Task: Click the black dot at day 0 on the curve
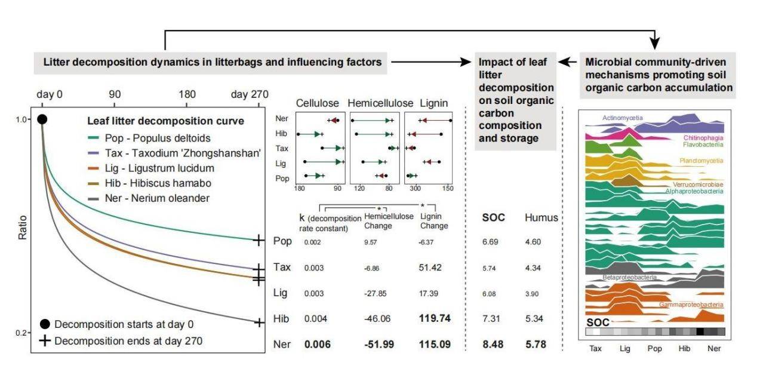[42, 119]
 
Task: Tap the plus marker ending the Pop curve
[258, 240]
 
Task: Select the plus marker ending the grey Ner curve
[259, 322]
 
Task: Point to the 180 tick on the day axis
[187, 95]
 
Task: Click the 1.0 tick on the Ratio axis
[21, 119]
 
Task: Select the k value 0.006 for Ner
[318, 345]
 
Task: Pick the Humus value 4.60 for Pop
[533, 242]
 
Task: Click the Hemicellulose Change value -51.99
[377, 345]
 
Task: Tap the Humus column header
[541, 218]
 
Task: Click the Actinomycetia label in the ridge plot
[623, 118]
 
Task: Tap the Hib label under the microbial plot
[684, 349]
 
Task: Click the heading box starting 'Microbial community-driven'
[659, 74]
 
